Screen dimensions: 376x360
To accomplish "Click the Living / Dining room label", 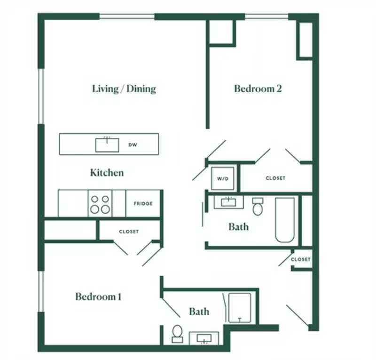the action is point(124,89).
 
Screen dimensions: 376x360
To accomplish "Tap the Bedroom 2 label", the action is point(258,88).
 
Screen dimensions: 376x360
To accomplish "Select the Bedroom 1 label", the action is point(98,296).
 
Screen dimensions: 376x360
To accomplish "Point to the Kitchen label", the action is point(107,173).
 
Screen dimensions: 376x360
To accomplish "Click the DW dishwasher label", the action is point(133,145).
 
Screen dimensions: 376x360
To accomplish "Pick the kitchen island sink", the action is point(107,145).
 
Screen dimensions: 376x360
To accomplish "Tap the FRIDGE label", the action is point(143,204).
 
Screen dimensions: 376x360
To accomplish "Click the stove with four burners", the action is point(100,204).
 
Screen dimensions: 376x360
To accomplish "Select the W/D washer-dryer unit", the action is point(222,178).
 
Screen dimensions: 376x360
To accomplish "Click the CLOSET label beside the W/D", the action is point(275,178).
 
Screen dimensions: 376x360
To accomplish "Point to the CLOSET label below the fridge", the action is point(129,232).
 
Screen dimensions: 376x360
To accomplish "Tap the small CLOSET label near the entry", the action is point(300,259).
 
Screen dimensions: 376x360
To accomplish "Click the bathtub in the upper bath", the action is point(285,220).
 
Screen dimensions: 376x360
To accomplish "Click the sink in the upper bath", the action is point(228,202).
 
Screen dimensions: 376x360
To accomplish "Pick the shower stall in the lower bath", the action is point(240,308).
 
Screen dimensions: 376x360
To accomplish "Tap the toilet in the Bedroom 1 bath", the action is point(178,334).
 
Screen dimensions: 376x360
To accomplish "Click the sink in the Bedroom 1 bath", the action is point(204,339).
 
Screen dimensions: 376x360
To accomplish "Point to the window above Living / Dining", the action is point(127,16).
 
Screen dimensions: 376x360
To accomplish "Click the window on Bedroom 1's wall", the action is point(41,292).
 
